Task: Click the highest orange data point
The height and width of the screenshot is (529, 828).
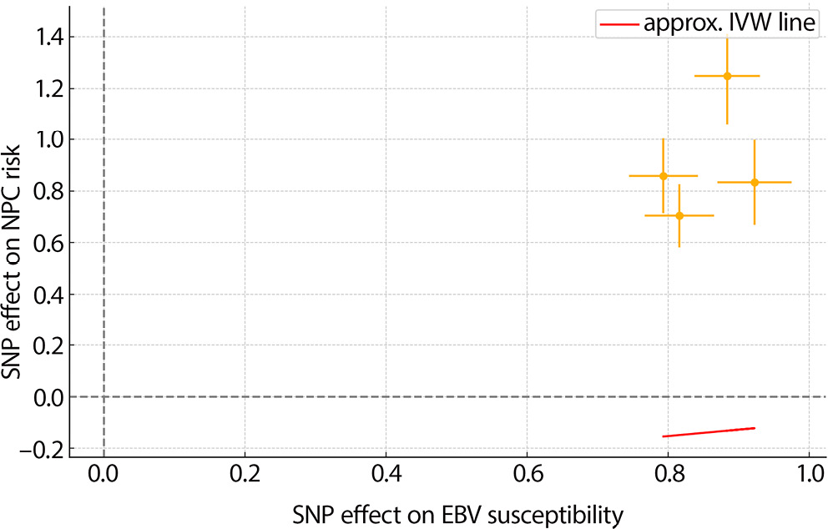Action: [x=727, y=76]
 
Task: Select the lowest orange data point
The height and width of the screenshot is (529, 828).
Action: [x=679, y=215]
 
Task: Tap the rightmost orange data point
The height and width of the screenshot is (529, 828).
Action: [x=755, y=182]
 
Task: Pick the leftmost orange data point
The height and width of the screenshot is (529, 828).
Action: [x=664, y=175]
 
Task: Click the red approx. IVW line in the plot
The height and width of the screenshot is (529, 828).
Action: [x=709, y=432]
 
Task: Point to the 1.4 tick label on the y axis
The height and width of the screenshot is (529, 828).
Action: [x=48, y=37]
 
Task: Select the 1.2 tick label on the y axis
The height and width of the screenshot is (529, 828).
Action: [x=48, y=88]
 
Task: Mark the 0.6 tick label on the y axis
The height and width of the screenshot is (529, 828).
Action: [x=48, y=243]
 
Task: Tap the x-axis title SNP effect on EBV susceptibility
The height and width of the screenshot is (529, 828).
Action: [x=457, y=514]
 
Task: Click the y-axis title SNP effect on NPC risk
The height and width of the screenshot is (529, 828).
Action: [x=14, y=236]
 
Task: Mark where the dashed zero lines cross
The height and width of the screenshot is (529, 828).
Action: [x=103, y=397]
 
